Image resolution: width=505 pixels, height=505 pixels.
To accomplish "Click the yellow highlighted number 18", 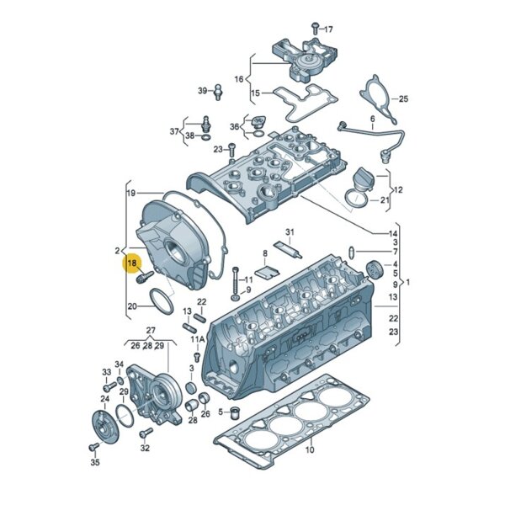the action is click(132, 263).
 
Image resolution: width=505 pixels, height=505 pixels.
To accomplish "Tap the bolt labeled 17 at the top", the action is click(315, 29).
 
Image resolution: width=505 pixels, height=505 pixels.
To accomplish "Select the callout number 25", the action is click(403, 98).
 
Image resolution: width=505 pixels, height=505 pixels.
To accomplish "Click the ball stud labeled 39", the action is click(218, 92).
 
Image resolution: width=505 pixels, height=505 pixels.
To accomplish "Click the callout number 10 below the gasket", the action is click(310, 449).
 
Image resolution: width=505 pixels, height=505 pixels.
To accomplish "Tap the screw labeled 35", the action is click(94, 447).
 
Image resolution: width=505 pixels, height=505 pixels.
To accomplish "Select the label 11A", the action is click(198, 339).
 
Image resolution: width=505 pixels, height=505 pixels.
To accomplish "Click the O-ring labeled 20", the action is click(162, 301).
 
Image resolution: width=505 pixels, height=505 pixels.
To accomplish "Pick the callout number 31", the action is click(290, 232).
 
